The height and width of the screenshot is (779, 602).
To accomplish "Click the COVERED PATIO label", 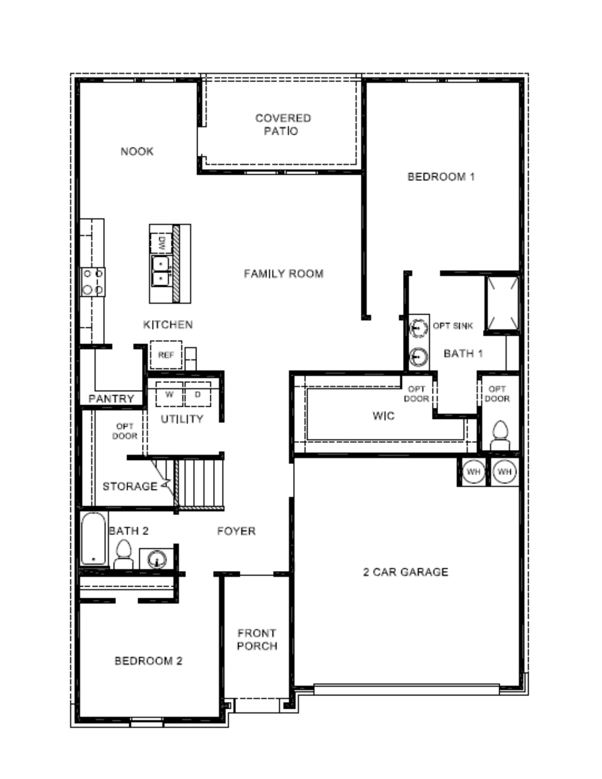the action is pyautogui.click(x=283, y=124).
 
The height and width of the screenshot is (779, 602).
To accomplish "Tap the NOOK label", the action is pyautogui.click(x=137, y=151).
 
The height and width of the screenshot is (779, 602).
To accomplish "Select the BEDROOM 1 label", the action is pyautogui.click(x=441, y=176).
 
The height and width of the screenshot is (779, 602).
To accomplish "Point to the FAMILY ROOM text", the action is pyautogui.click(x=283, y=273).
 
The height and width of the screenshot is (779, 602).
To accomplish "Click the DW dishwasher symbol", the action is pyautogui.click(x=162, y=243).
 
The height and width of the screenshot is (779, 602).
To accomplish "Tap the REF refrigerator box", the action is pyautogui.click(x=166, y=355).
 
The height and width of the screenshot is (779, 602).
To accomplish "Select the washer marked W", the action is pyautogui.click(x=169, y=394).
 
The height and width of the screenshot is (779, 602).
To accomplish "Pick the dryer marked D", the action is pyautogui.click(x=197, y=394).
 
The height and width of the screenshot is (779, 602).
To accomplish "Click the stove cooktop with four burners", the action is pyautogui.click(x=93, y=282).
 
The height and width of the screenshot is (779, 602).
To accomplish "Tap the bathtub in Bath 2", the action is pyautogui.click(x=94, y=538).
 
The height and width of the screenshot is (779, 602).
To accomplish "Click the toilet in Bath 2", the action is pyautogui.click(x=123, y=554).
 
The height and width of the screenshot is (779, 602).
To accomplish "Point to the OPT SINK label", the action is pyautogui.click(x=453, y=326).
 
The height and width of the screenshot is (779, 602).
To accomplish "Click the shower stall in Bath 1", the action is pyautogui.click(x=503, y=304).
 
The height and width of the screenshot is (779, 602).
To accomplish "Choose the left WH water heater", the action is pyautogui.click(x=473, y=472).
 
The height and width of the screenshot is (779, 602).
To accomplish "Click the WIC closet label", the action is pyautogui.click(x=383, y=415).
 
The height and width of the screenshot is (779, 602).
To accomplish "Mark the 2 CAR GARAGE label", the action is pyautogui.click(x=406, y=572).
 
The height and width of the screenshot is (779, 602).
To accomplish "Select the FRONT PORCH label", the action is pyautogui.click(x=257, y=639).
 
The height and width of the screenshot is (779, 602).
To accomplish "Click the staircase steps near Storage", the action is pyautogui.click(x=199, y=483).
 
